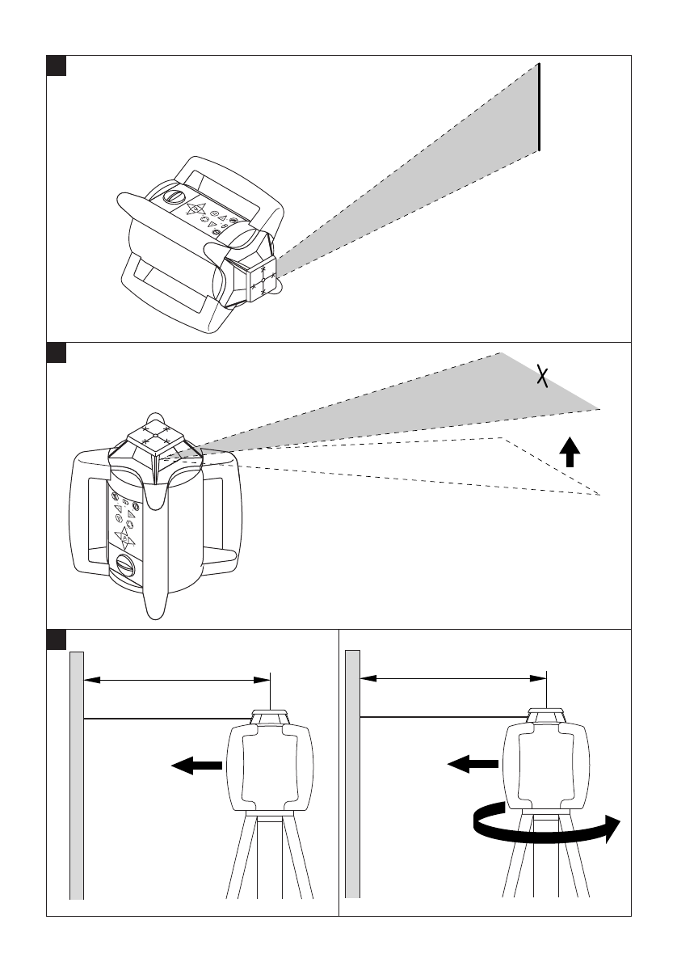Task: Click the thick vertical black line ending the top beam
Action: click(539, 107)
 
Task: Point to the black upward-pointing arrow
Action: click(570, 453)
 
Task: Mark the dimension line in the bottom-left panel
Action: click(177, 681)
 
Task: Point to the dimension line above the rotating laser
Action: click(453, 680)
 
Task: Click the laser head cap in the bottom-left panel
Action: click(270, 716)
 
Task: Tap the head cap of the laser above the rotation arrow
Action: click(546, 715)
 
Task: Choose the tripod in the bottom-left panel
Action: click(268, 857)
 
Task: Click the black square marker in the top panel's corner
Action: click(55, 65)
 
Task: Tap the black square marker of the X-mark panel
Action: click(55, 352)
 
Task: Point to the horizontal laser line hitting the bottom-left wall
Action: click(166, 718)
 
